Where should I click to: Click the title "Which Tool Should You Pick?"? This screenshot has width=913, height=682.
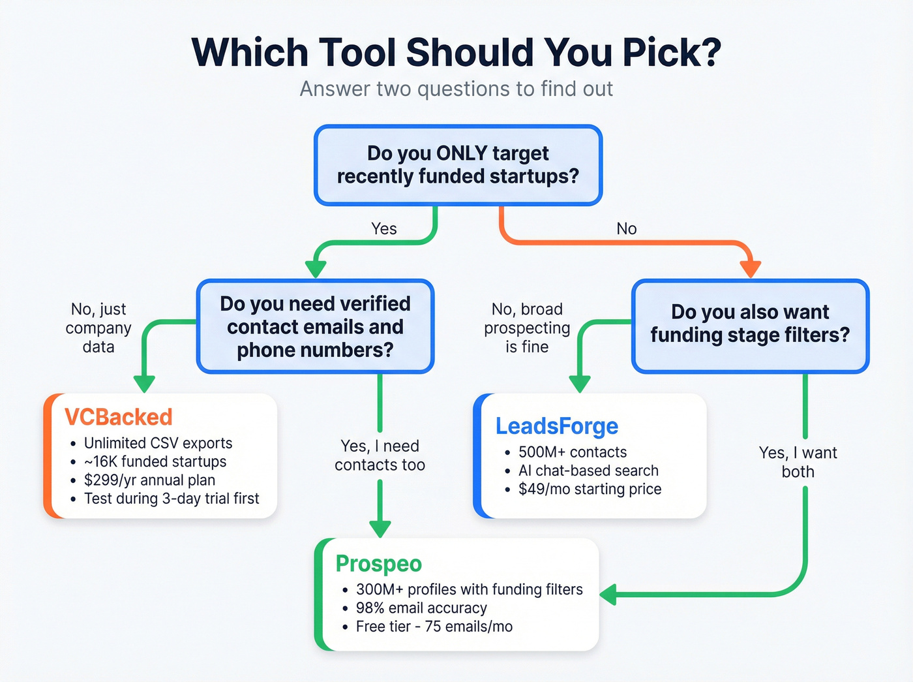tap(456, 52)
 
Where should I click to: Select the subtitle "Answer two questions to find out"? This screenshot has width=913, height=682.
tap(456, 89)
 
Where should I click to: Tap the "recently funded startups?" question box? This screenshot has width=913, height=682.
tap(458, 165)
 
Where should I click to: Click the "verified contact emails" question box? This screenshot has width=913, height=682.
tap(315, 326)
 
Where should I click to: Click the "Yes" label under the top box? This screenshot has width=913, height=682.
tap(383, 228)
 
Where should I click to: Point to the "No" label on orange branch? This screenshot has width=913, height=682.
tap(626, 228)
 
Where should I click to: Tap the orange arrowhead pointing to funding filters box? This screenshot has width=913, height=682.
tap(750, 268)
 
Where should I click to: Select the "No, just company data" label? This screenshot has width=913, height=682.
tap(98, 328)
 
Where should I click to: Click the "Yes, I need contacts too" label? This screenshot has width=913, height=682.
tap(380, 456)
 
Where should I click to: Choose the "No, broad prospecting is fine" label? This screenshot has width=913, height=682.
tap(527, 328)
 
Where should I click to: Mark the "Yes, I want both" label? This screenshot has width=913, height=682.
tap(798, 462)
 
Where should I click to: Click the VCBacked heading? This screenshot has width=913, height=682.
tap(118, 417)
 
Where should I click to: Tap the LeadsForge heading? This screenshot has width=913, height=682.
tap(557, 426)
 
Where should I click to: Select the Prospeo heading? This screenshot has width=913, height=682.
tap(378, 563)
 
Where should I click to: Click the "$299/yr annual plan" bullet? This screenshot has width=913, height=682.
tap(149, 480)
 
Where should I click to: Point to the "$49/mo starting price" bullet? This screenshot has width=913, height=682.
tap(590, 489)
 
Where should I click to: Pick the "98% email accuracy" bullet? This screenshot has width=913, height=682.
tap(421, 608)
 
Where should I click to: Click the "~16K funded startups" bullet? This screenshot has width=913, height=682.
tap(155, 462)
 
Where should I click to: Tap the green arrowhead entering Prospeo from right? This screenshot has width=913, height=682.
tap(608, 595)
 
